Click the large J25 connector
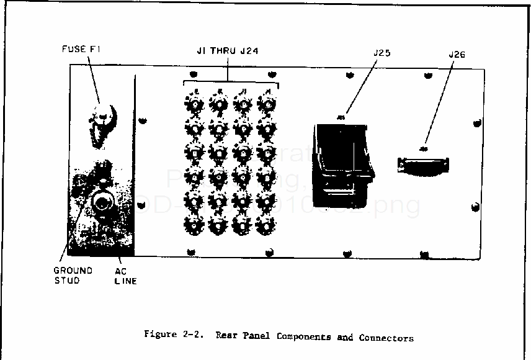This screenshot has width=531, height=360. (x=342, y=164)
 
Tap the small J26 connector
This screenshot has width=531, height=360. (x=423, y=165)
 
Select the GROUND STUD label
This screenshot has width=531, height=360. (x=73, y=276)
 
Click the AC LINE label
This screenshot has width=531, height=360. (x=125, y=276)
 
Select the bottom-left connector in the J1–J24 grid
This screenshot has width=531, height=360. (x=194, y=225)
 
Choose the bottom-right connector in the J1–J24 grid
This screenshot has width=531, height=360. (x=267, y=225)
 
